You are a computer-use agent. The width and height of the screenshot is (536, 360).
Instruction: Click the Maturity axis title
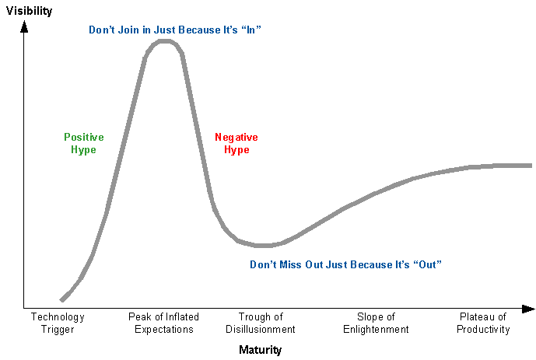pos(260,350)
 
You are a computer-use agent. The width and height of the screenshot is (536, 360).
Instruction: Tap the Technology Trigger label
pos(58,323)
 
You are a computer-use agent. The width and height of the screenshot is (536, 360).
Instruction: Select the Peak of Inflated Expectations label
pos(163,323)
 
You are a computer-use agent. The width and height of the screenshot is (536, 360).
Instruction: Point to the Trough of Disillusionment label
pos(261,323)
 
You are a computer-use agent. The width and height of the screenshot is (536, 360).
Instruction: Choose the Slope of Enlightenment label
pos(376,323)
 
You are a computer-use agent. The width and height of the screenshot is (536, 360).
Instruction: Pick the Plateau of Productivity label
pos(483,323)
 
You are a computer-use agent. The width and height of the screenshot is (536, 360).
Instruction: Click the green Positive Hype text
pos(83,143)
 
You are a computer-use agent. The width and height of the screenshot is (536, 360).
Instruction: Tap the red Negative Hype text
pos(236,143)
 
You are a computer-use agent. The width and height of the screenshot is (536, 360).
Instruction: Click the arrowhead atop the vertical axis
pos(24,26)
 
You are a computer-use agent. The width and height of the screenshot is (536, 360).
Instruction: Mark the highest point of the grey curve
pos(165,40)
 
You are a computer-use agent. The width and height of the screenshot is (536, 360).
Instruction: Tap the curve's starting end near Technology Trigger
pos(61,299)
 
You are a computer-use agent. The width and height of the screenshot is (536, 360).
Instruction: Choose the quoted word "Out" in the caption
pos(427,264)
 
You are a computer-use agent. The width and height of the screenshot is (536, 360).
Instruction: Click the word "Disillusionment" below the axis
pos(261,329)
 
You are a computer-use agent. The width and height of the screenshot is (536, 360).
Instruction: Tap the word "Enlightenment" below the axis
pos(376,329)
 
